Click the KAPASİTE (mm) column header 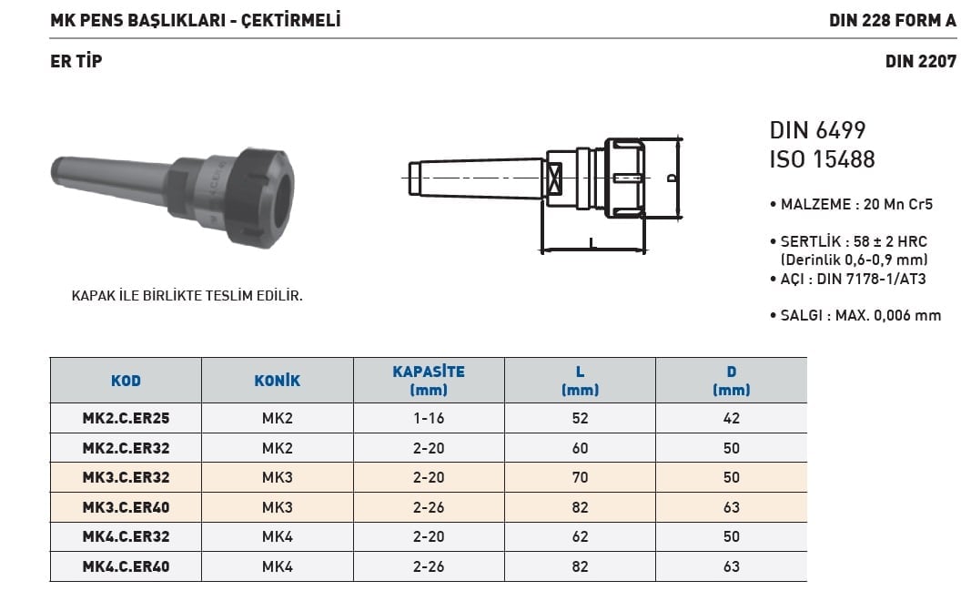click(x=429, y=381)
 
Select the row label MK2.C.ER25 click(x=126, y=418)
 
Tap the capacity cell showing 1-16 click(x=429, y=418)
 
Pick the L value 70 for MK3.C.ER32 click(x=581, y=478)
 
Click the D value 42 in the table click(x=732, y=418)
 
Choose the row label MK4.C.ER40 click(x=126, y=566)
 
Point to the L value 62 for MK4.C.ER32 click(x=581, y=536)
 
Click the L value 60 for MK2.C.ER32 click(x=581, y=448)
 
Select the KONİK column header click(x=277, y=381)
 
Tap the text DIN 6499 click(x=817, y=130)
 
